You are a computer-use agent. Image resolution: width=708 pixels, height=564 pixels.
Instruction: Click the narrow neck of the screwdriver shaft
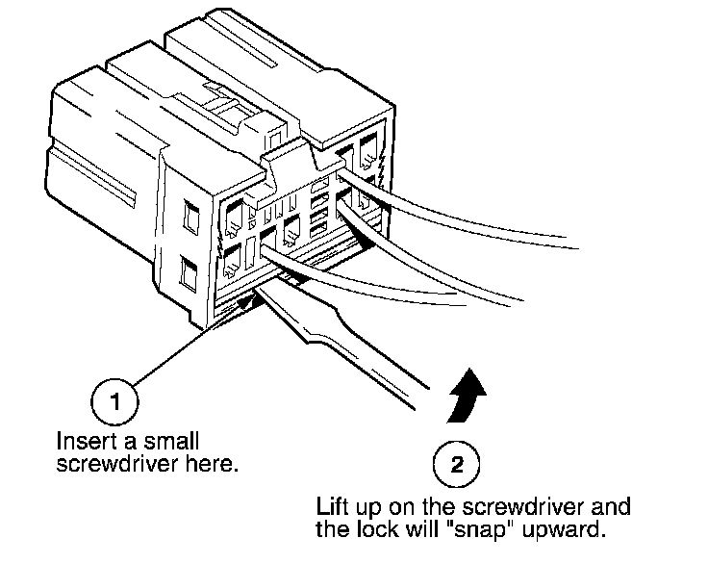[x=317, y=332]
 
